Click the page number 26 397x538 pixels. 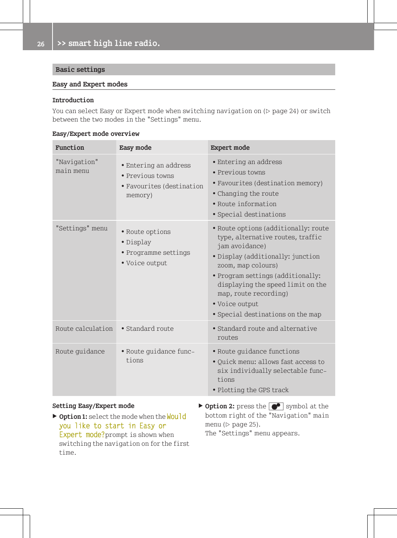coord(41,44)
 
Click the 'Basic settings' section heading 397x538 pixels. coord(80,69)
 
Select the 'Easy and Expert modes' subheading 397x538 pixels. coord(90,84)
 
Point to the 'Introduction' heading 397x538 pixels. coord(73,100)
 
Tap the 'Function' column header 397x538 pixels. coord(70,147)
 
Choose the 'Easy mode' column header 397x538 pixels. coord(135,147)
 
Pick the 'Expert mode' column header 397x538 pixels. coord(230,147)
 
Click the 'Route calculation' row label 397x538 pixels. coord(84,328)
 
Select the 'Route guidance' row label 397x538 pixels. coord(80,351)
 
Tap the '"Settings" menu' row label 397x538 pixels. coord(81,228)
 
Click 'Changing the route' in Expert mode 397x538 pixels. coord(248,193)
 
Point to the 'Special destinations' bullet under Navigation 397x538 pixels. coord(251,214)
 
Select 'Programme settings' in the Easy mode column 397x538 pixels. coord(158,252)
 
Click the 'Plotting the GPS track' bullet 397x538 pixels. coord(253,390)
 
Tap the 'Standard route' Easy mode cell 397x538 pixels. coord(150,328)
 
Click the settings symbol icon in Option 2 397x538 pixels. coord(276,406)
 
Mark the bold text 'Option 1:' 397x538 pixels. coord(73,416)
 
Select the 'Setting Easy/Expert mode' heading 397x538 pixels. coord(93,406)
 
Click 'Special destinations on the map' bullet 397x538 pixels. coord(269,314)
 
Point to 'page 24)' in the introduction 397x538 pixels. coord(285,111)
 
